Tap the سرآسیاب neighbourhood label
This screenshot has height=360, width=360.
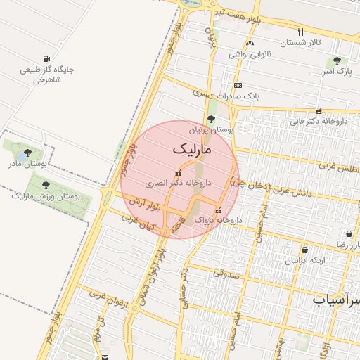coord(336,300)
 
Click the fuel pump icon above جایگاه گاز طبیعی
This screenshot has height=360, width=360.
coord(46,58)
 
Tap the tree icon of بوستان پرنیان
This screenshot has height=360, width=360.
coord(211,118)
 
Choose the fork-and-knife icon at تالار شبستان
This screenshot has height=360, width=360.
coord(301,32)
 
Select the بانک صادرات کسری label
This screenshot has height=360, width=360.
coord(229,95)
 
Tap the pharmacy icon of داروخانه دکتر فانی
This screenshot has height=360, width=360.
coord(319,110)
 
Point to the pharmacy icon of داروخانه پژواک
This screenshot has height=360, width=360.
coord(218,210)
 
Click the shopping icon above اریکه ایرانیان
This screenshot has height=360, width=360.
coord(304,250)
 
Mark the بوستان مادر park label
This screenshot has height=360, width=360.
coord(27,163)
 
